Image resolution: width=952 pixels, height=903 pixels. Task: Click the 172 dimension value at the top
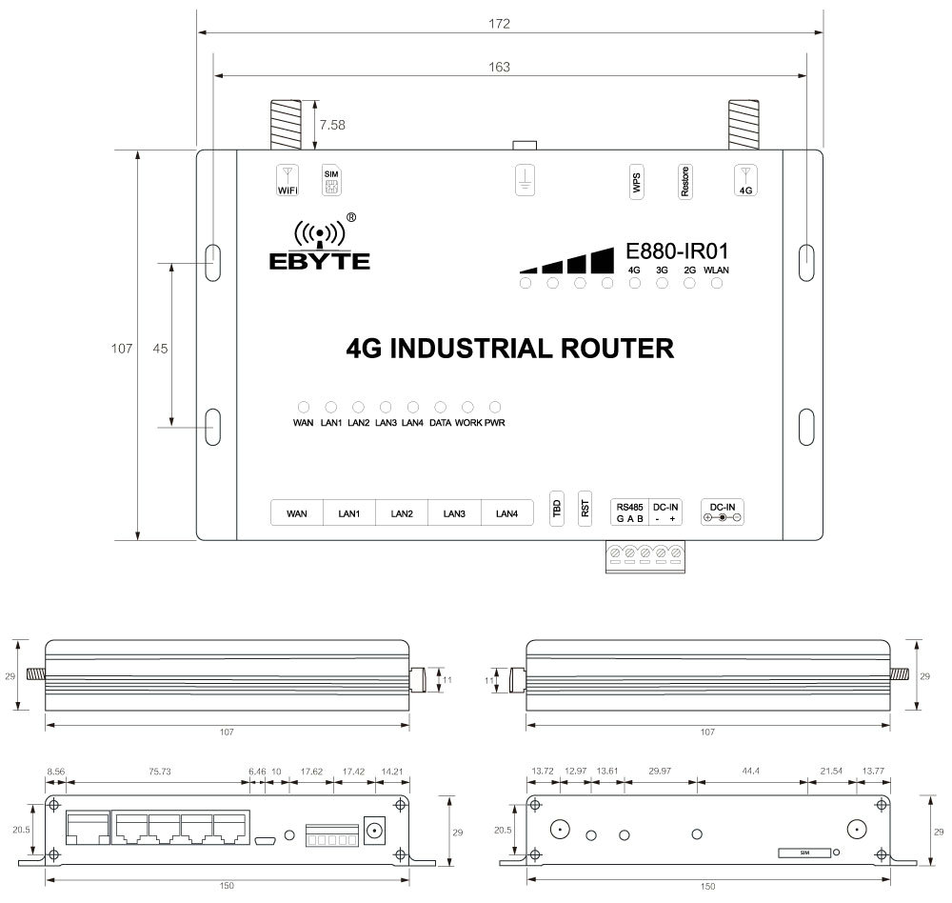pyautogui.click(x=499, y=24)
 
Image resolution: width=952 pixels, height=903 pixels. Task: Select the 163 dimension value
pyautogui.click(x=499, y=67)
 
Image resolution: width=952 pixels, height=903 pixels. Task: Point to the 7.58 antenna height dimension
pyautogui.click(x=332, y=125)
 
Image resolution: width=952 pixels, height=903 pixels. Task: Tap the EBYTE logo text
pyautogui.click(x=319, y=261)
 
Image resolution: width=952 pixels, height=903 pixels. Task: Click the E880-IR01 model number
pyautogui.click(x=677, y=251)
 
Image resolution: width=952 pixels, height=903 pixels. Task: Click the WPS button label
pyautogui.click(x=636, y=182)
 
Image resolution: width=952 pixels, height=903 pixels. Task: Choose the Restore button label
pyautogui.click(x=684, y=182)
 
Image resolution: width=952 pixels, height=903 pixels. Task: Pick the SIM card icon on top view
pyautogui.click(x=331, y=181)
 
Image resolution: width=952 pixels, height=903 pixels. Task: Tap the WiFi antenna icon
pyautogui.click(x=288, y=180)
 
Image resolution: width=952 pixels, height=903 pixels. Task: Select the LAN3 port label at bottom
pyautogui.click(x=454, y=513)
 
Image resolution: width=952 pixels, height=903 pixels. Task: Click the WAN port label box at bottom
pyautogui.click(x=297, y=512)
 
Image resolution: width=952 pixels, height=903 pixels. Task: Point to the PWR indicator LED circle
pyautogui.click(x=495, y=407)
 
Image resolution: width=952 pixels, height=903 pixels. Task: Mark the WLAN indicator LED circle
pyautogui.click(x=717, y=283)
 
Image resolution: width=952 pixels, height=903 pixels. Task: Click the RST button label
pyautogui.click(x=585, y=508)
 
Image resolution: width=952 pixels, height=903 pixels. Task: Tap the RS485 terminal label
pyautogui.click(x=629, y=508)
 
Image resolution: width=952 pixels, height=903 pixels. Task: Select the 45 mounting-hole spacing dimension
pyautogui.click(x=160, y=349)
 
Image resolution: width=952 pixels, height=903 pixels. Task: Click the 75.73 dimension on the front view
pyautogui.click(x=160, y=772)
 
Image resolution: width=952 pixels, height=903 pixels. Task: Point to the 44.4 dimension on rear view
pyautogui.click(x=751, y=772)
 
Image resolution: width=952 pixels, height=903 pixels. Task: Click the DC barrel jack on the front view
pyautogui.click(x=375, y=830)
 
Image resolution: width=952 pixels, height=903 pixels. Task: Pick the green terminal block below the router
pyautogui.click(x=645, y=556)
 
